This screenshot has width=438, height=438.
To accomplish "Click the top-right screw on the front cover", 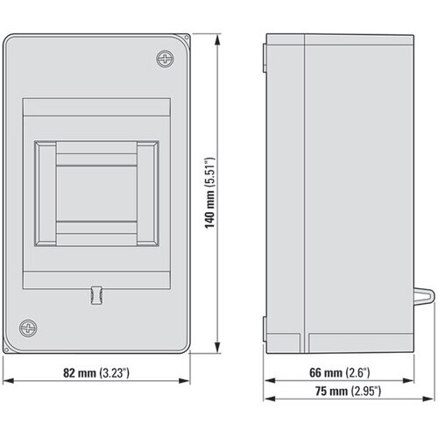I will click(x=167, y=59).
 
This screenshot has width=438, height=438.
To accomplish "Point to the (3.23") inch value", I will click(x=114, y=372).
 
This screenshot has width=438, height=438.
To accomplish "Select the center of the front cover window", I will click(x=97, y=191).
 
